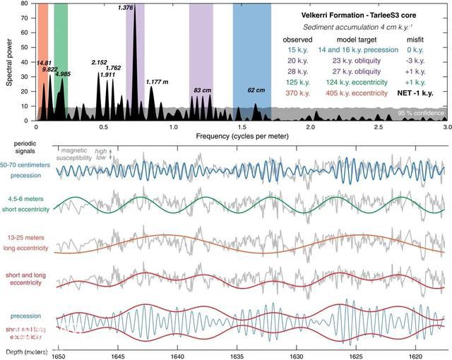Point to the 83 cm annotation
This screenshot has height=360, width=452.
coord(201,90)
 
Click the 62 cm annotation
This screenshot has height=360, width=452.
coord(256,90)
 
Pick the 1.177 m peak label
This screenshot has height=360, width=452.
coord(157,82)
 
